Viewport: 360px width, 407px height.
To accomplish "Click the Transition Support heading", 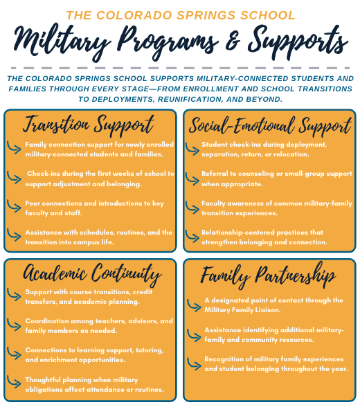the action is pos(89,125).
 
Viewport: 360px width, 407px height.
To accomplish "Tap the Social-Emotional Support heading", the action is pos(270,126).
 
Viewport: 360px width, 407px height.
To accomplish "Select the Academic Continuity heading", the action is pos(92,274).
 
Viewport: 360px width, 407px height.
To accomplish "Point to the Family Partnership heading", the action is pos(269,275).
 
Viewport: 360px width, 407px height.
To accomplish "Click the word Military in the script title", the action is pos(62,42).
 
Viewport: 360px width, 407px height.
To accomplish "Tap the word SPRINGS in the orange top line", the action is pos(206,15).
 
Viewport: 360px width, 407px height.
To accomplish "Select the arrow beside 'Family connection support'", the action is pos(14,147).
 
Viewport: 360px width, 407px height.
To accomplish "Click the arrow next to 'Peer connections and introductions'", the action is pos(14,206).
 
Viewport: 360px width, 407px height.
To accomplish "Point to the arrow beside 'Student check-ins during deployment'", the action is pos(192,149).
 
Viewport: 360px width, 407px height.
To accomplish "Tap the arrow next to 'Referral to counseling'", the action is pos(192,179).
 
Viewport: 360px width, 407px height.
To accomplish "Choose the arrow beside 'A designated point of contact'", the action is pos(194,305).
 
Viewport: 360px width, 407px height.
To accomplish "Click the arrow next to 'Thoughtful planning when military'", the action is pos(14,382).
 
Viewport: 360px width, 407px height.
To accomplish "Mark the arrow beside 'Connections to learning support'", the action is pos(14,353).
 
